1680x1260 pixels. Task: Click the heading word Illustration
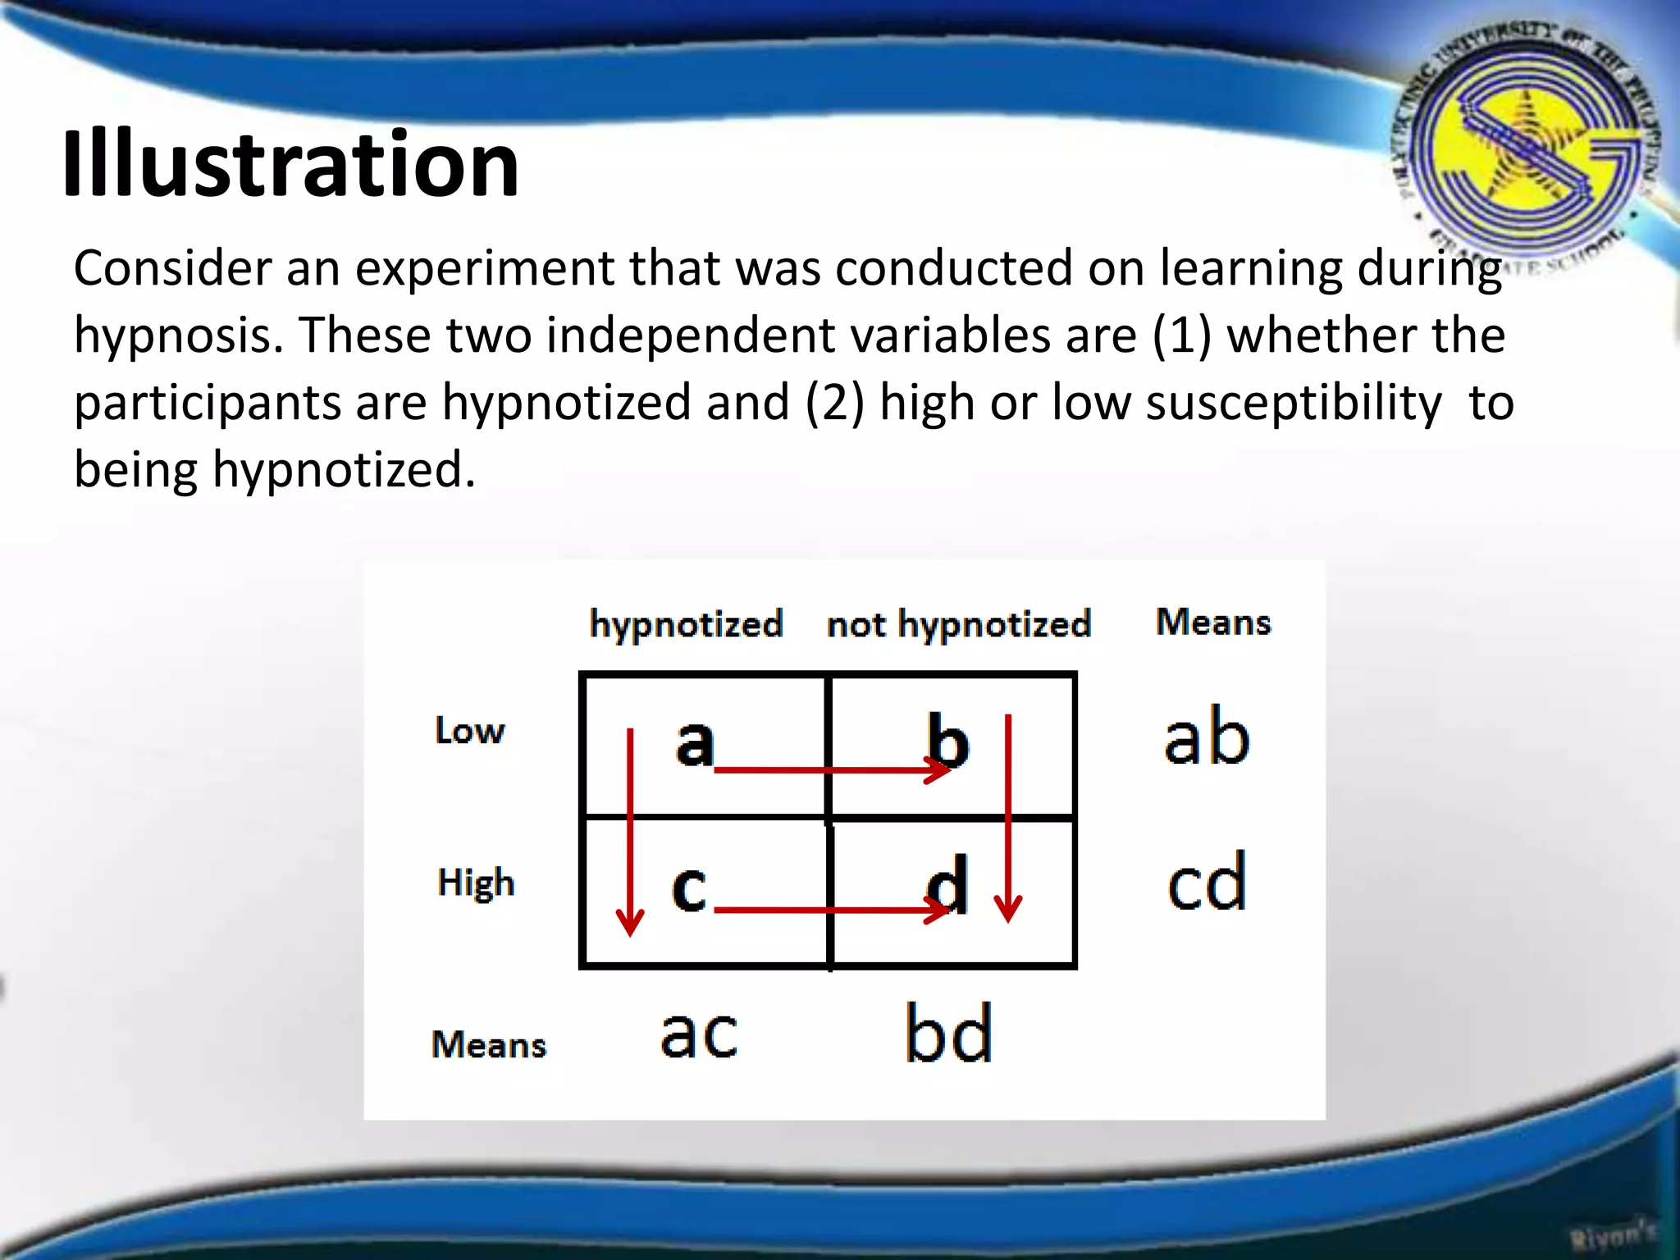click(290, 164)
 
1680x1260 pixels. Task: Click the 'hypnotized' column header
click(686, 625)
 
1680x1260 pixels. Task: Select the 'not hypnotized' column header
click(958, 625)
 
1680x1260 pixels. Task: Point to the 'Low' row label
click(469, 731)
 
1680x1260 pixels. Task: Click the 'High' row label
click(476, 883)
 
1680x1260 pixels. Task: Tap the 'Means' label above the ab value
click(1213, 623)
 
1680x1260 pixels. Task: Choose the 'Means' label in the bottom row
click(488, 1045)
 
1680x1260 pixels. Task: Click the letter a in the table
click(694, 741)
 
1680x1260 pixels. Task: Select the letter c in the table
click(689, 888)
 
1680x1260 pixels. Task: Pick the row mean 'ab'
click(1207, 737)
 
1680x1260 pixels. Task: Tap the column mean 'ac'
click(699, 1033)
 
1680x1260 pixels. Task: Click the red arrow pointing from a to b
click(829, 770)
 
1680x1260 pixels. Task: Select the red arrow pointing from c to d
click(829, 910)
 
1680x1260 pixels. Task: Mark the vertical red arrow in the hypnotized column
click(630, 829)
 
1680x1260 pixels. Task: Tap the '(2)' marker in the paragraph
click(834, 403)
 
